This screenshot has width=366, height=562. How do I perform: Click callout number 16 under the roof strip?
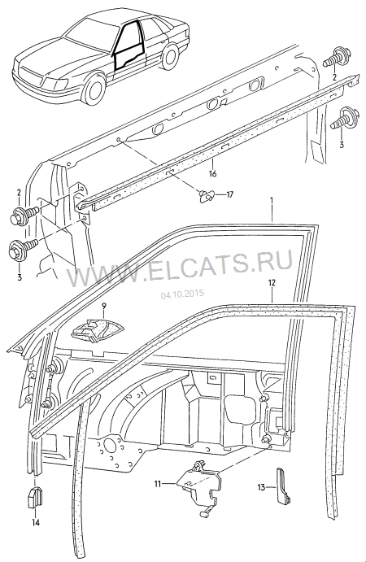(212, 174)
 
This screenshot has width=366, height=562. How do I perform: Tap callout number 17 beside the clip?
(229, 194)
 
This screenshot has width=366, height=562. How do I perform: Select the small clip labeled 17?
(207, 196)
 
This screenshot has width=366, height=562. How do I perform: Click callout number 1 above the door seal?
(272, 201)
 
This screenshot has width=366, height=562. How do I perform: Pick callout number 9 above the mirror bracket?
(104, 306)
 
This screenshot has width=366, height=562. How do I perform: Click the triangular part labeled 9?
(97, 329)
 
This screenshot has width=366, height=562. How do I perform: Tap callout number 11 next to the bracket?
(158, 484)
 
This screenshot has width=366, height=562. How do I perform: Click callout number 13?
(261, 487)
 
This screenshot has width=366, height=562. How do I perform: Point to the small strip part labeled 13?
(283, 485)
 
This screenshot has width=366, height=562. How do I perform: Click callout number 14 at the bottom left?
(35, 523)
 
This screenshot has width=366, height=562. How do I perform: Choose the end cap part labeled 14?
(35, 497)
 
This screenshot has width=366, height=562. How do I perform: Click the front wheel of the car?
(94, 88)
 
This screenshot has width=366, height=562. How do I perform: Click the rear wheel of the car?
(170, 55)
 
